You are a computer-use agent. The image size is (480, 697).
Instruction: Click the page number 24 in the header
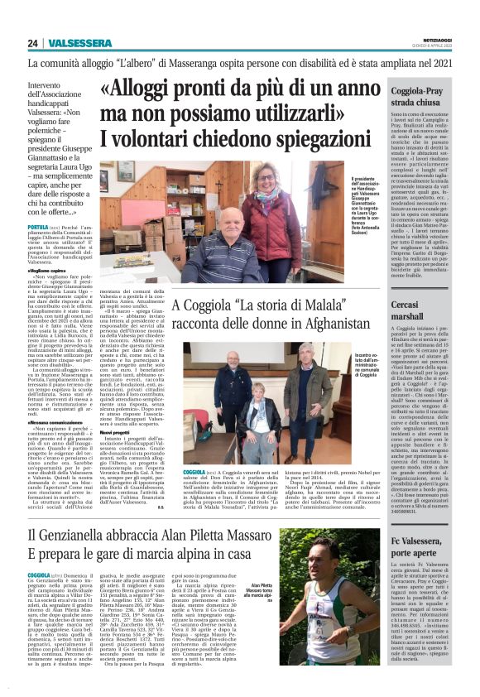click(x=33, y=43)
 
